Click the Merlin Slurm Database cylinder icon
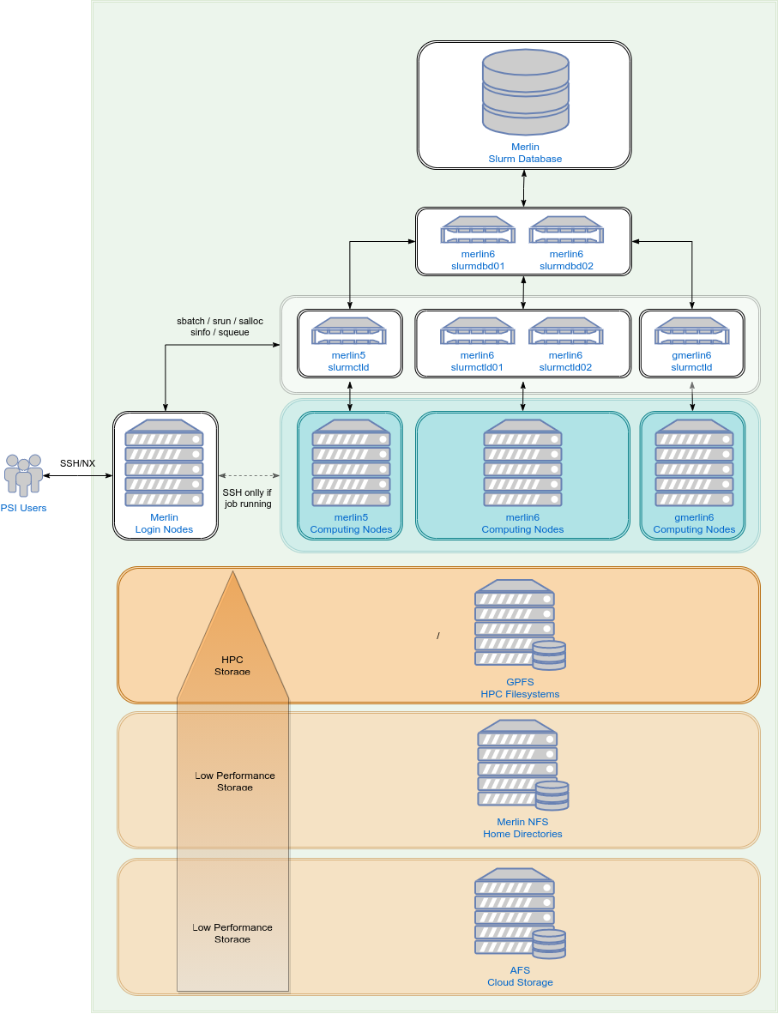tap(525, 92)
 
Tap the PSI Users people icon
tap(23, 474)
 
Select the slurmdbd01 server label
tap(478, 260)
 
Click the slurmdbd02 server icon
tap(566, 230)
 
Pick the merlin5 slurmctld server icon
tap(349, 331)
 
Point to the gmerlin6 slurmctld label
tap(692, 361)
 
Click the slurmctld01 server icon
tap(478, 331)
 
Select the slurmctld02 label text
tap(566, 361)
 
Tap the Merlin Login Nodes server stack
tap(165, 462)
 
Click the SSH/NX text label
tap(77, 463)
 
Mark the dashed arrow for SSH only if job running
tap(250, 475)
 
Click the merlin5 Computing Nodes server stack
tap(351, 462)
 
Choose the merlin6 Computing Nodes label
tap(522, 523)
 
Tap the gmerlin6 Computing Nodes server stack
tap(694, 462)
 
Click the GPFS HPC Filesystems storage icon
tap(519, 625)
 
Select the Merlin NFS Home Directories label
tap(522, 828)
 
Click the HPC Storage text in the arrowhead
tap(232, 665)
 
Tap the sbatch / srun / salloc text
tap(220, 321)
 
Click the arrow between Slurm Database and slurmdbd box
tap(524, 188)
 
